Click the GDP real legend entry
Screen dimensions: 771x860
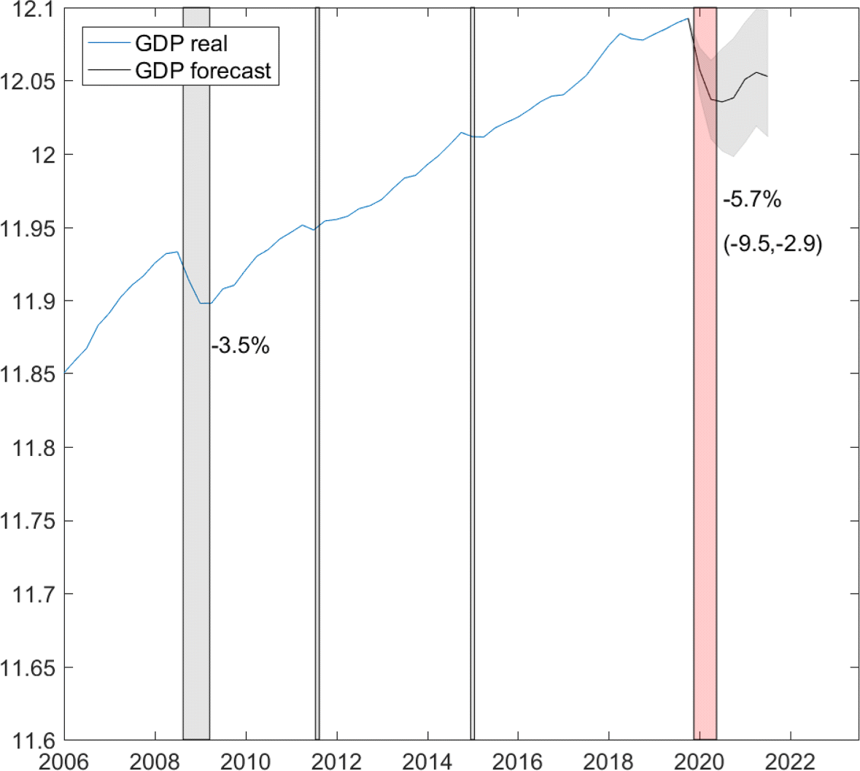pos(181,44)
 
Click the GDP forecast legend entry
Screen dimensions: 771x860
pos(202,71)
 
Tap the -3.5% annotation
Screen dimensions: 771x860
pos(240,346)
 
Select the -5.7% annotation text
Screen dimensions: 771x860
pos(751,199)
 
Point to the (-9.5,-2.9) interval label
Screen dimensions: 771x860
pos(772,244)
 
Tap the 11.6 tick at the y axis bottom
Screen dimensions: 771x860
pos(33,740)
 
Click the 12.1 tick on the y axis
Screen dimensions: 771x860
pos(33,9)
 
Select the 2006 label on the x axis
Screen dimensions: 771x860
pos(64,762)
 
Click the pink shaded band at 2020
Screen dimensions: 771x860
pos(705,438)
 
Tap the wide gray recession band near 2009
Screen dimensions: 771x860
pos(196,511)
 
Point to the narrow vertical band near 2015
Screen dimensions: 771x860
pos(473,438)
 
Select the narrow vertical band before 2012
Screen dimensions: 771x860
pos(317,438)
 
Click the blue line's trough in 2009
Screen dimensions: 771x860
pos(206,303)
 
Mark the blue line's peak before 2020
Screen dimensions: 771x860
pos(688,18)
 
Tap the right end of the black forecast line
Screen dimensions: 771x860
pos(767,76)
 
